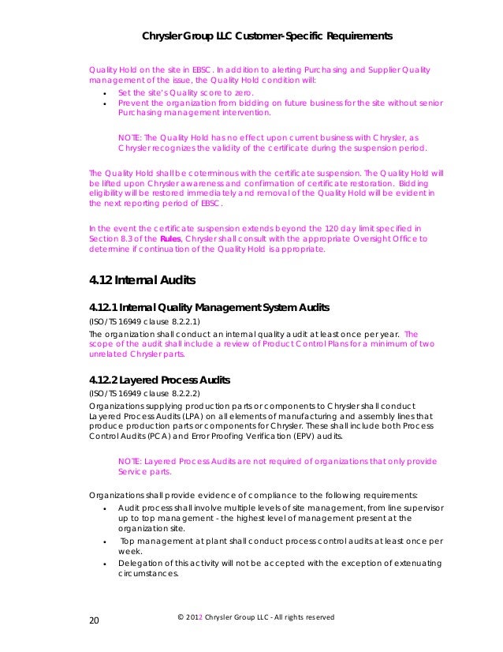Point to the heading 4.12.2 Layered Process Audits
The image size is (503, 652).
click(166, 380)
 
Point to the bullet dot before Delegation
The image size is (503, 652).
click(105, 564)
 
